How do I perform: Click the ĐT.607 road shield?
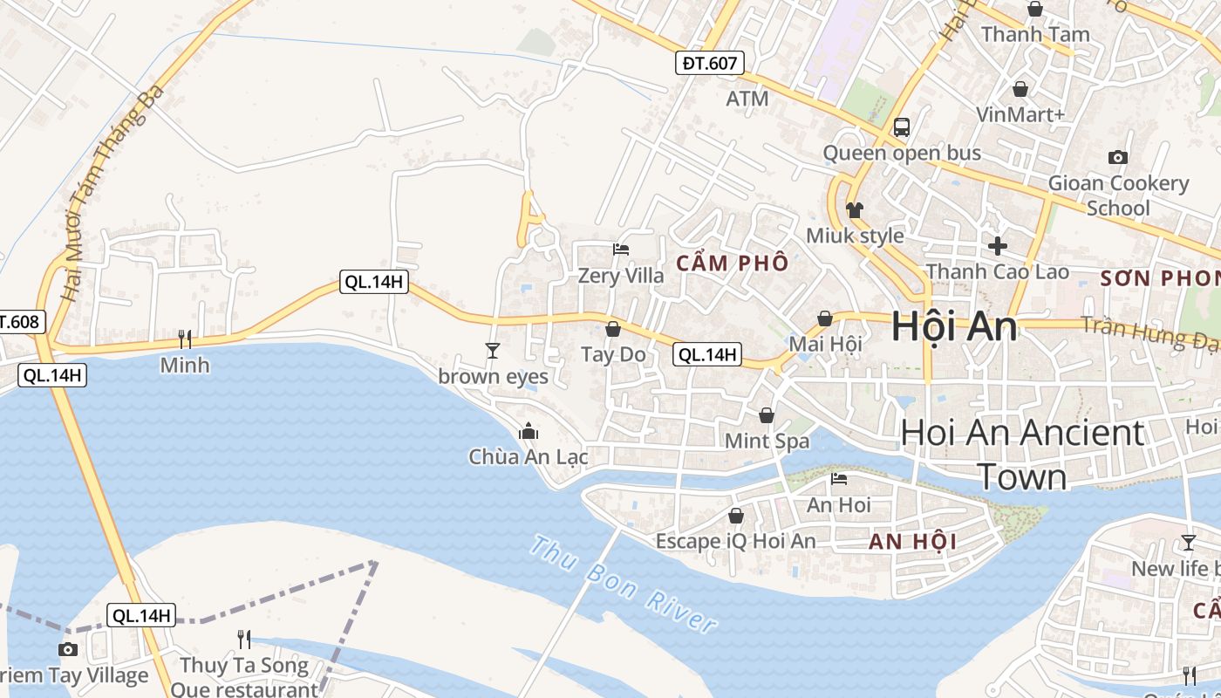tap(711, 63)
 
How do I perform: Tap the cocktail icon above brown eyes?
tap(493, 351)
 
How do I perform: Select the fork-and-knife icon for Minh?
tap(184, 339)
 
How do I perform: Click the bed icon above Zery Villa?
tap(621, 250)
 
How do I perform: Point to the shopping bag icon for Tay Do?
tap(613, 329)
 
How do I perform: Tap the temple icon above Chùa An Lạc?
tap(528, 431)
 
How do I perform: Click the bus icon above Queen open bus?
tap(902, 127)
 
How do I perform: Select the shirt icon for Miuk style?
tap(855, 210)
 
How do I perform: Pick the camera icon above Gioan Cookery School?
tap(1117, 157)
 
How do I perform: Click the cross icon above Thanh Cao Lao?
tap(997, 246)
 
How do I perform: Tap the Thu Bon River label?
tap(624, 585)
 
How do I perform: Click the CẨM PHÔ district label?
tap(733, 263)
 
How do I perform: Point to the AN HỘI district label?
tap(912, 542)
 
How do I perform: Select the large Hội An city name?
tap(954, 326)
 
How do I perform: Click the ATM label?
tap(747, 99)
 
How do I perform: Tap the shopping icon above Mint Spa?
tap(767, 415)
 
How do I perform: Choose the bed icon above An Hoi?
tap(839, 479)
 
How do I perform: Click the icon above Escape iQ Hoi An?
tap(736, 516)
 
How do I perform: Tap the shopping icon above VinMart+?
tap(1020, 89)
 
